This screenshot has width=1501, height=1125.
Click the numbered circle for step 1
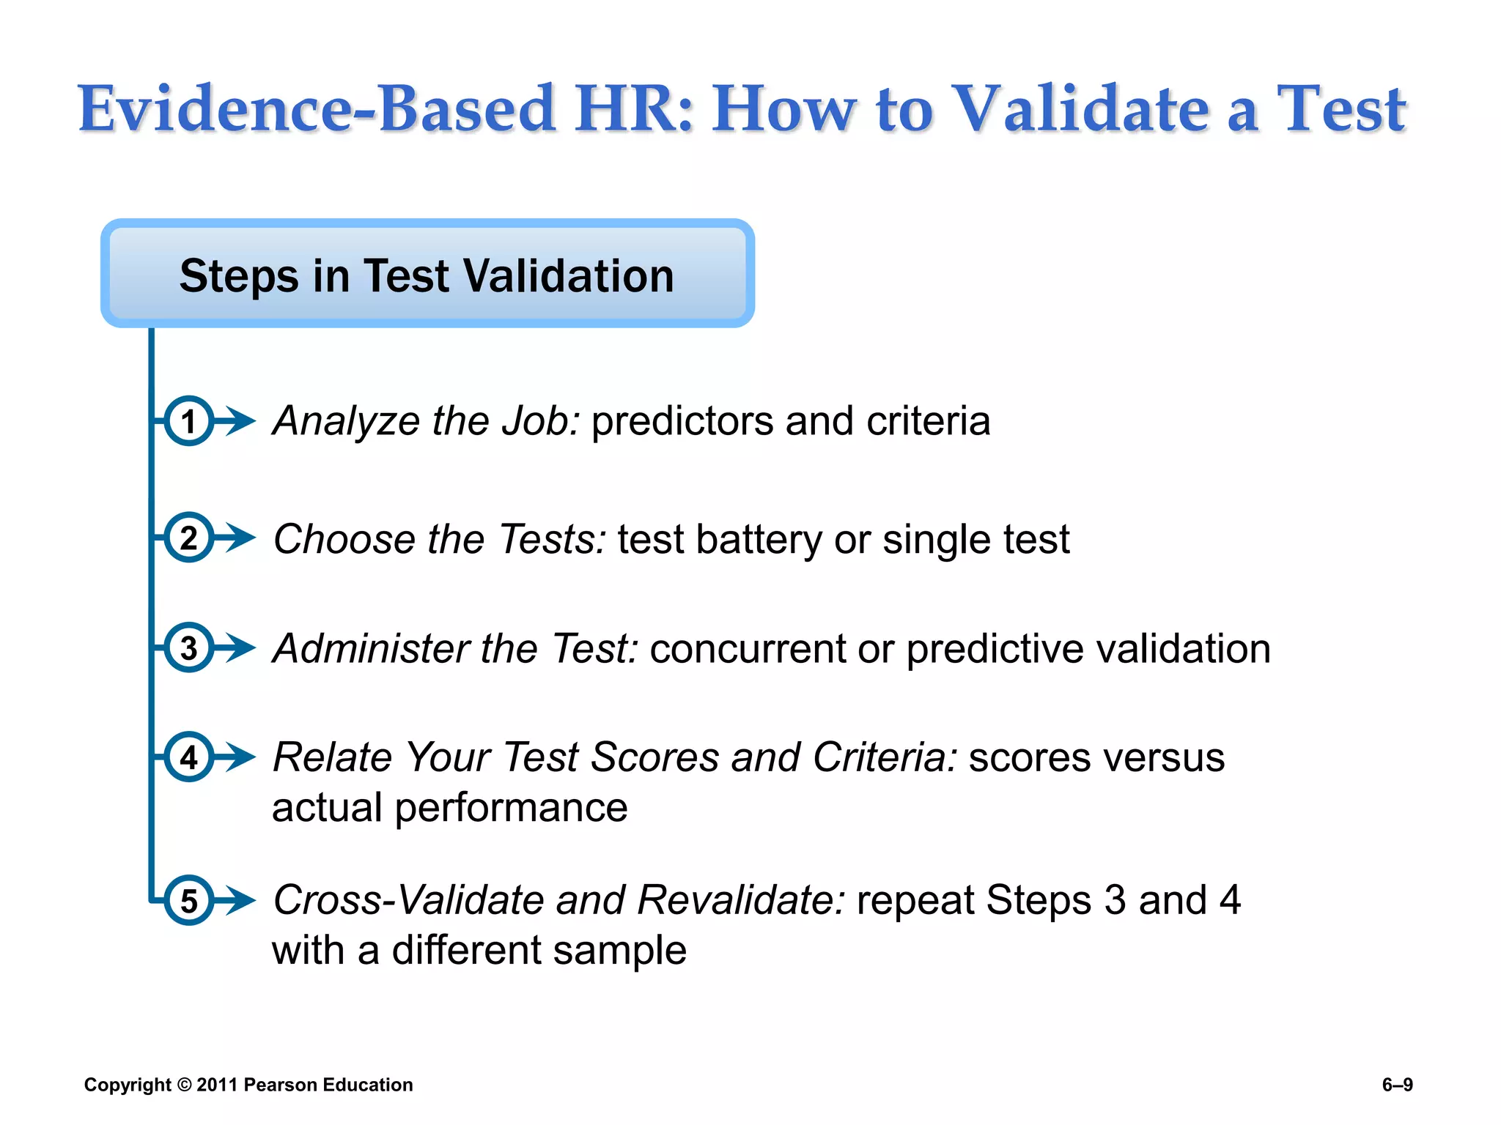pos(188,421)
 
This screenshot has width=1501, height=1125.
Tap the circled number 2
pos(188,538)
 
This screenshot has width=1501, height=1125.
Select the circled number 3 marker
pos(188,647)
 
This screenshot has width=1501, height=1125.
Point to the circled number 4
pos(188,757)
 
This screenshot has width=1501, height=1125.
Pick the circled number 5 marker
pos(188,900)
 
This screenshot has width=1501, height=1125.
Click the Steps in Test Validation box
pos(427,274)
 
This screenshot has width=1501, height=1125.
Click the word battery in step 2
pos(759,540)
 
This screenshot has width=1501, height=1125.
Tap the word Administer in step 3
pos(371,649)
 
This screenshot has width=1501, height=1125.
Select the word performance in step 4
pos(511,808)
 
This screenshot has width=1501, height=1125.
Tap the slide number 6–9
pos(1397,1085)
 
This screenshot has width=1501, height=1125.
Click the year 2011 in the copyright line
pos(217,1085)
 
